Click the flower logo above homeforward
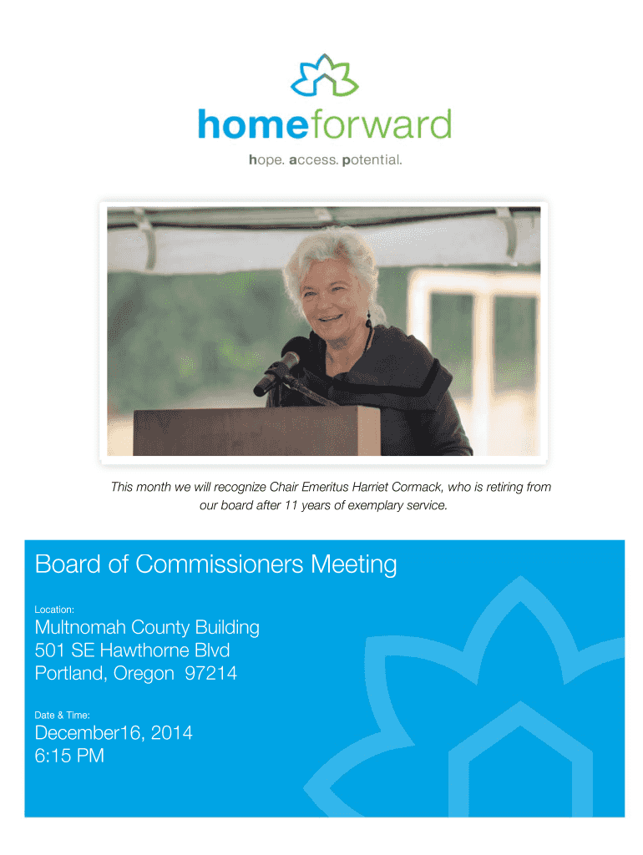(x=324, y=75)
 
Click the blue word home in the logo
(x=253, y=124)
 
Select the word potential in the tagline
(x=372, y=159)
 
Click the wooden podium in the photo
(x=256, y=431)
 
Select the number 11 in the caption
(x=291, y=505)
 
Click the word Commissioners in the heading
(x=220, y=564)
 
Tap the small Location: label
(x=54, y=610)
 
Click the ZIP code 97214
(x=210, y=674)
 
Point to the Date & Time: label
(x=62, y=715)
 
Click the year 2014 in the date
(x=171, y=733)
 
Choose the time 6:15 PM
(x=69, y=756)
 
